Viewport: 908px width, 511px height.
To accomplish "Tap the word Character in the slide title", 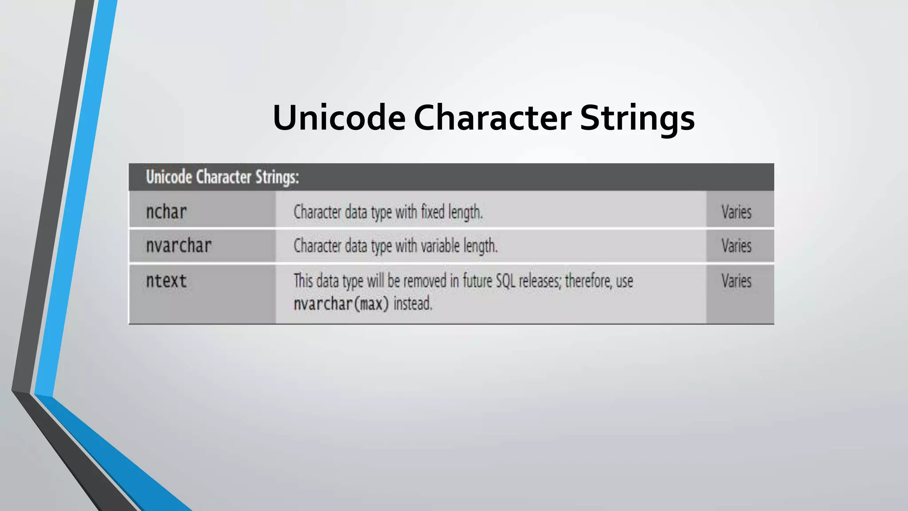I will pyautogui.click(x=492, y=118).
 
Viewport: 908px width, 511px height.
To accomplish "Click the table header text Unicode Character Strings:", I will pyautogui.click(x=223, y=177).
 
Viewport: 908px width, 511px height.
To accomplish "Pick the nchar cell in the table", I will pyautogui.click(x=166, y=212).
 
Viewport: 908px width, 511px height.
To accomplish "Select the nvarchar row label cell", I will pyautogui.click(x=179, y=246).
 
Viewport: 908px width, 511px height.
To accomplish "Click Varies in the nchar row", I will pyautogui.click(x=736, y=212).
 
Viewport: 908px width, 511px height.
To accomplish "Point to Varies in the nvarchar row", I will pyautogui.click(x=736, y=246).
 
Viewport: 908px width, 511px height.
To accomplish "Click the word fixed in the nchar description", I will pyautogui.click(x=433, y=212).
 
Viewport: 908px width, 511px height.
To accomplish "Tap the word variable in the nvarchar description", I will pyautogui.click(x=440, y=246).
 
